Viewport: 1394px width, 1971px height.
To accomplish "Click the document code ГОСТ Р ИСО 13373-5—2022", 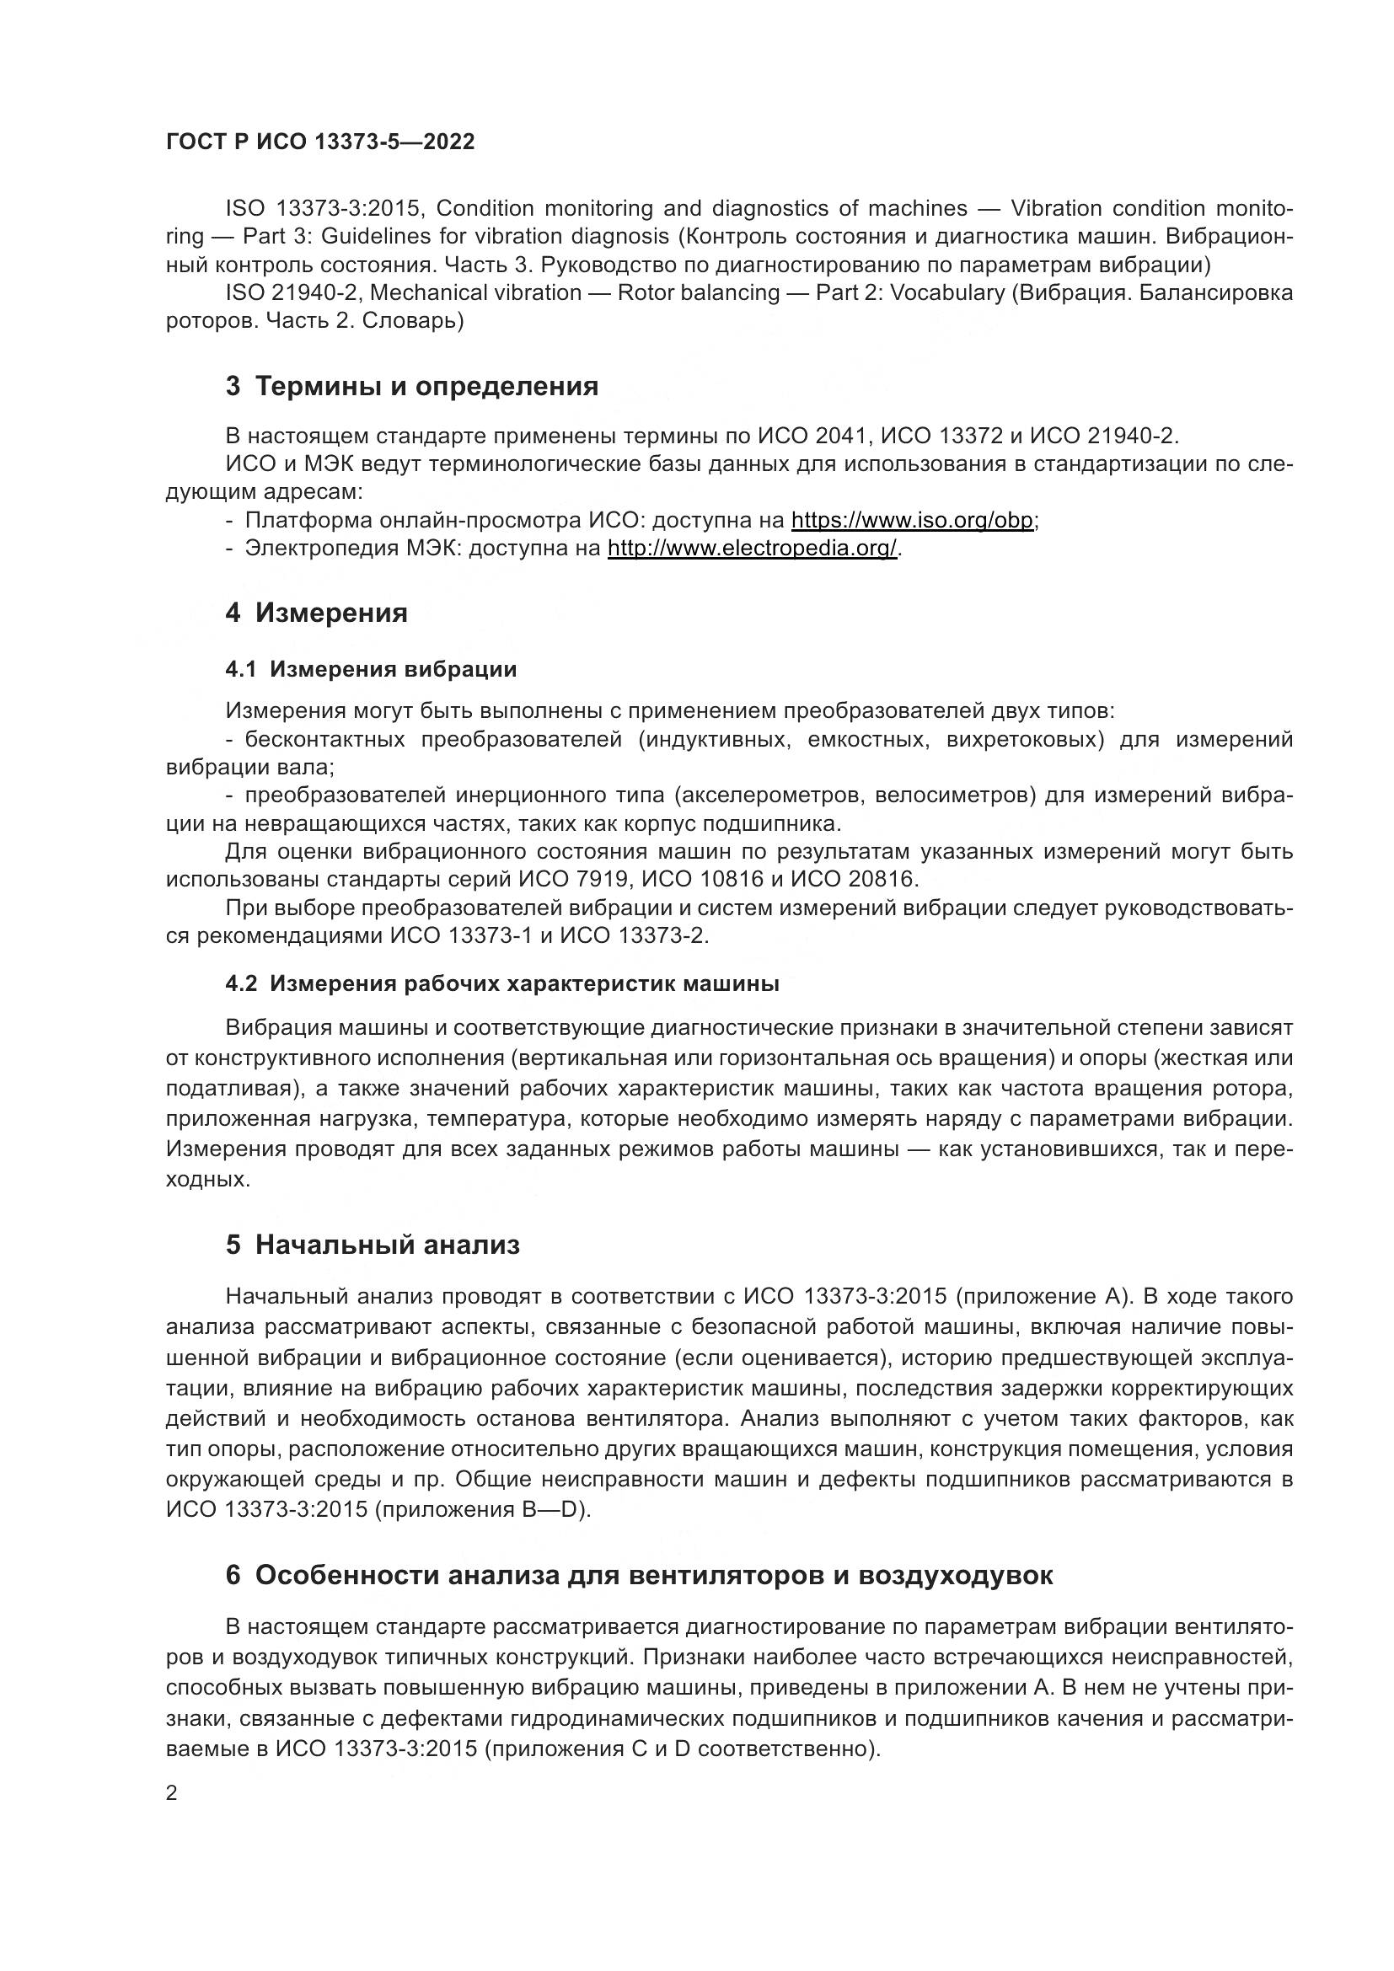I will point(320,142).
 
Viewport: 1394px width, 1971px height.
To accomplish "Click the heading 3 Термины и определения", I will point(412,386).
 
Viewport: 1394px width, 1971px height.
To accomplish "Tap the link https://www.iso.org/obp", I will point(912,520).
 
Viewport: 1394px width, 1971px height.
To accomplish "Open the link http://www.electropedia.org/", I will point(752,548).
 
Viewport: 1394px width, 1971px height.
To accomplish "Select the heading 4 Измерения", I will point(317,613).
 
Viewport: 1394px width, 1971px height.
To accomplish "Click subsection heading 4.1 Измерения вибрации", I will point(371,670).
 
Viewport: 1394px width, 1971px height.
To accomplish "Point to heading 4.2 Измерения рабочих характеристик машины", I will point(502,983).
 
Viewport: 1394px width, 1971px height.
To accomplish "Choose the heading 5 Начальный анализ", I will point(373,1245).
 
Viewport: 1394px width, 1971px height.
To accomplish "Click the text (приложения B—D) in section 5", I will point(483,1509).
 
